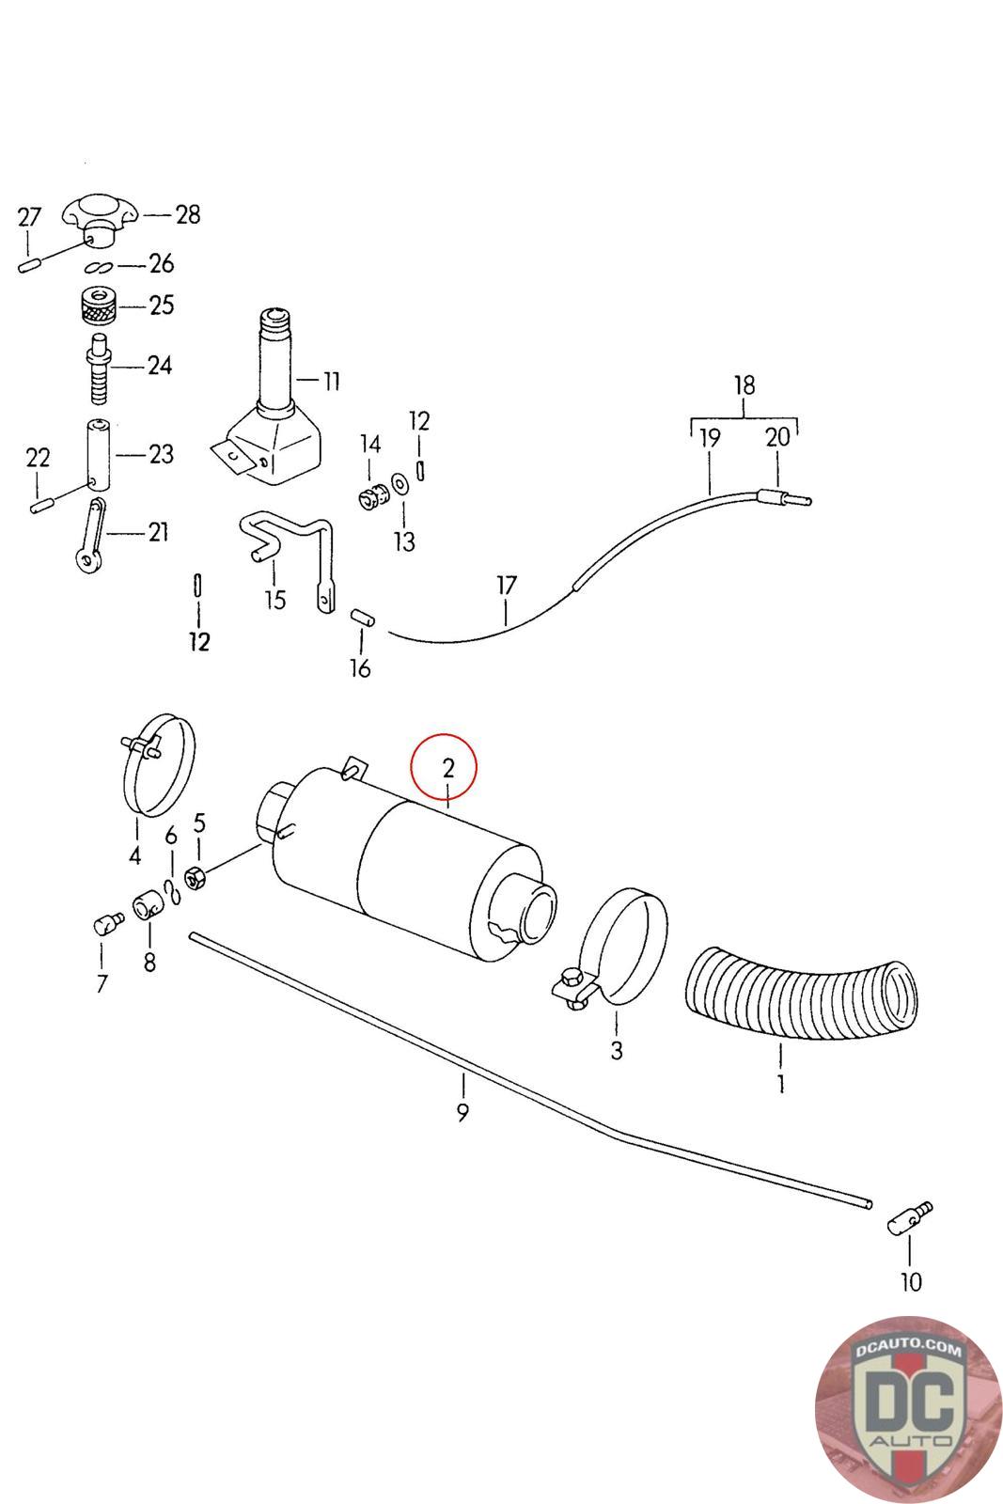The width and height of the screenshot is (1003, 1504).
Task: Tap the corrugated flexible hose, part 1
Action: click(x=799, y=997)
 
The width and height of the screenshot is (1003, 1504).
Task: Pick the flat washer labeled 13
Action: click(x=400, y=483)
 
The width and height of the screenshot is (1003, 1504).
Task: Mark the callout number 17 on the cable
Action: click(x=506, y=586)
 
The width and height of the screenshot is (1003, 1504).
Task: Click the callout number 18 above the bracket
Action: click(x=744, y=385)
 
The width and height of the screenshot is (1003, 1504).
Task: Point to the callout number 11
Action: click(x=331, y=381)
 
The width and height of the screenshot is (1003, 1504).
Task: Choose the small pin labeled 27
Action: click(x=27, y=266)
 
